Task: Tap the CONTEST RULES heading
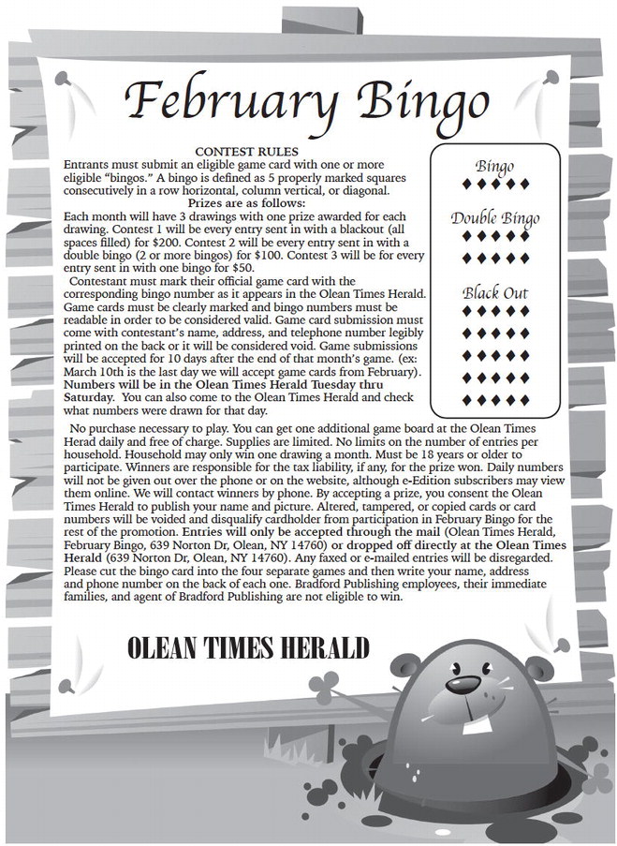pos(246,152)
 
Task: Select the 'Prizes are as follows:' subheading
pos(246,201)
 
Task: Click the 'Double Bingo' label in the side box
pos(494,219)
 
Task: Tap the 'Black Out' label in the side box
pos(494,293)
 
